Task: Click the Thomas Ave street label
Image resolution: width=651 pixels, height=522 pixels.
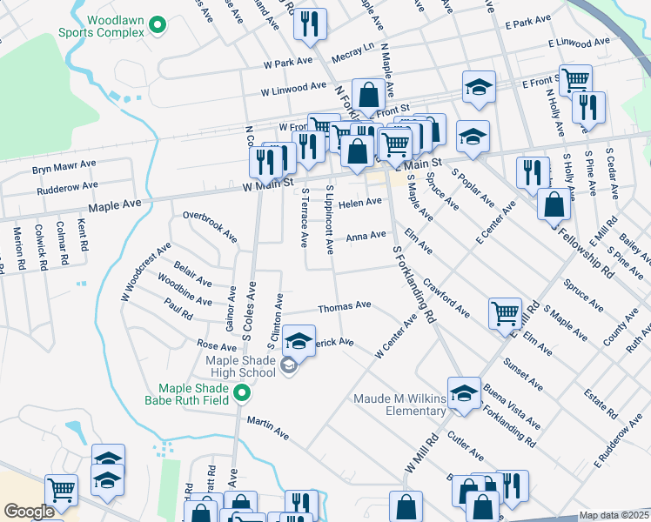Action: pyautogui.click(x=345, y=306)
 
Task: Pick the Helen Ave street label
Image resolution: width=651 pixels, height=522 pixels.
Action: pyautogui.click(x=361, y=202)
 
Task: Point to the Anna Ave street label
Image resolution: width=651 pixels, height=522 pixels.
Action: pyautogui.click(x=366, y=236)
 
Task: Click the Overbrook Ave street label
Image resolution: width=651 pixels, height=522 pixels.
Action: pyautogui.click(x=210, y=224)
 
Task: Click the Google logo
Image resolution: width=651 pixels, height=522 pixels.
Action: pyautogui.click(x=29, y=512)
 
